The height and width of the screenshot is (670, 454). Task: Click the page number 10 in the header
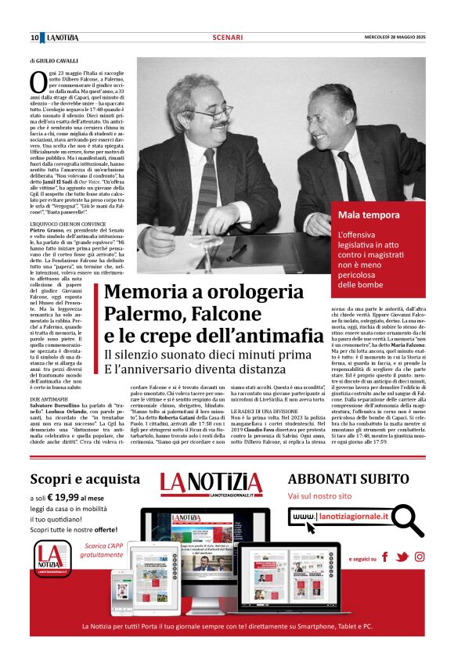click(35, 37)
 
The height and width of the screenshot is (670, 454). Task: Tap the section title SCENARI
click(227, 37)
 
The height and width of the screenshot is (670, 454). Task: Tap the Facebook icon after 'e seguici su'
click(384, 557)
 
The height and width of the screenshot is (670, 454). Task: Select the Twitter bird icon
click(402, 557)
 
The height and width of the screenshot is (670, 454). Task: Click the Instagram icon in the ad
click(420, 557)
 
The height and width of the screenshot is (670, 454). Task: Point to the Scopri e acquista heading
click(84, 479)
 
